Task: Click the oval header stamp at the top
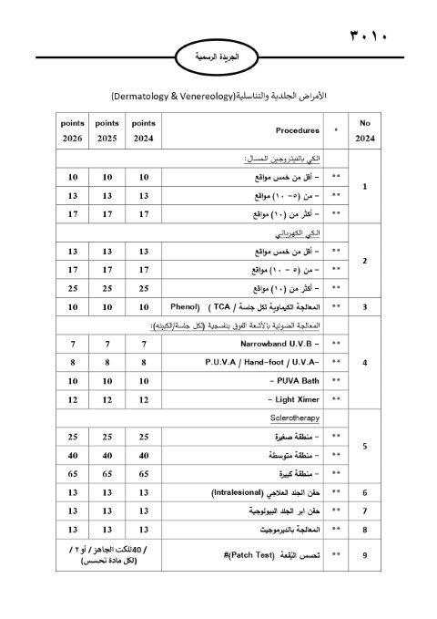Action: (x=218, y=56)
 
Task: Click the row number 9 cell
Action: (x=365, y=552)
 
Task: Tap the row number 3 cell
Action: (x=365, y=308)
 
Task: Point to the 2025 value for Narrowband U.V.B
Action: (x=107, y=343)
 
